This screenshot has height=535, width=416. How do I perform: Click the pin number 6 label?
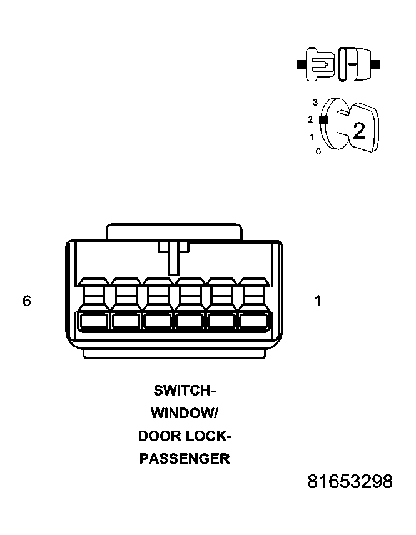[26, 301]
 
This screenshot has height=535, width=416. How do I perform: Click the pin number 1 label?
[318, 301]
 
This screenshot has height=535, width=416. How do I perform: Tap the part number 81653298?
[350, 482]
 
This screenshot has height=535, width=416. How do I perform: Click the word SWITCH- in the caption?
[185, 391]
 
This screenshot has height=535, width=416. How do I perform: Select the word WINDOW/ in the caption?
[184, 413]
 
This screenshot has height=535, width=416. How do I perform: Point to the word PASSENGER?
[185, 459]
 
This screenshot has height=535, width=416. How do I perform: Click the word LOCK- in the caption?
[211, 436]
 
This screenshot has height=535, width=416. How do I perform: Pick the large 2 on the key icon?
[358, 131]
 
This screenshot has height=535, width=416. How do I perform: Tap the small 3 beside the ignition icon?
[315, 102]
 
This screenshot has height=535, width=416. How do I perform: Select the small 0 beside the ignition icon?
[318, 151]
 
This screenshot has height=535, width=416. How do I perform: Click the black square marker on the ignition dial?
[323, 119]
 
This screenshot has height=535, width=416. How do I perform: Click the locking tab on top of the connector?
[174, 231]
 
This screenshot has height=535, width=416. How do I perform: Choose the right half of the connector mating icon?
[353, 64]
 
